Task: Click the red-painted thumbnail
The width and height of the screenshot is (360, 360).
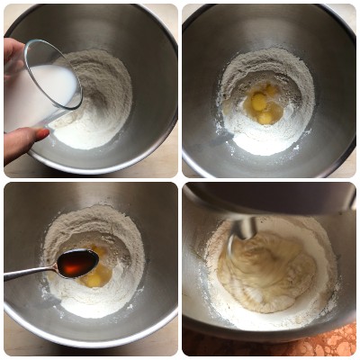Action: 41,133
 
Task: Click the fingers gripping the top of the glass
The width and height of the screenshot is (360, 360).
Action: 12,54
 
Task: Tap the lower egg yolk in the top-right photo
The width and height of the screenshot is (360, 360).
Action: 265,117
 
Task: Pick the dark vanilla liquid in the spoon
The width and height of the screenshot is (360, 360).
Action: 79,263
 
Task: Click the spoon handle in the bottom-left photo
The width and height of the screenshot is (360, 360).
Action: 27,272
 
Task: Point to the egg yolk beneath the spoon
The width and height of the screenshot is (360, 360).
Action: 94,280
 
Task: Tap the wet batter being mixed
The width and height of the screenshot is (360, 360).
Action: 265,270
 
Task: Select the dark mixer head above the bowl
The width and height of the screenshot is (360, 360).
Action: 270,198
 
